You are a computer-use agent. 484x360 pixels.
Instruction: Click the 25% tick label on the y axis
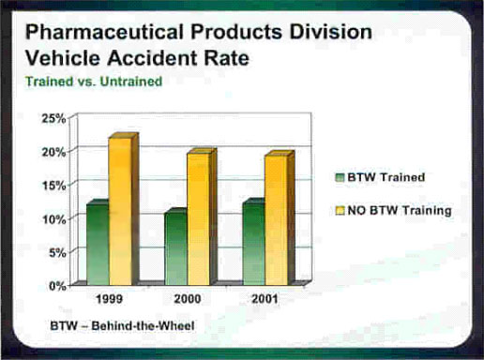click(53, 118)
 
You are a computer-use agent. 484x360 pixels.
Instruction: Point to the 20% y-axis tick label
click(53, 152)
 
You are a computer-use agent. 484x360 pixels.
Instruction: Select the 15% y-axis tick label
click(53, 186)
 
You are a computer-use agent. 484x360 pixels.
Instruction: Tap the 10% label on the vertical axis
click(53, 218)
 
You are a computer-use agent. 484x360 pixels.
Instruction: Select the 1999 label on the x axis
click(110, 300)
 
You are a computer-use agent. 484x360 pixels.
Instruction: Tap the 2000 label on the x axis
click(188, 300)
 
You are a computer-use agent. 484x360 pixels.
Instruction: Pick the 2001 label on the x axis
click(265, 300)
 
